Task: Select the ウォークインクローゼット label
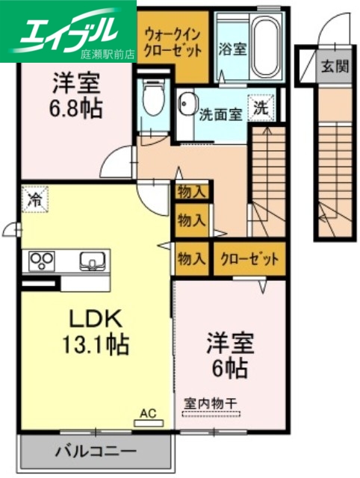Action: [x=173, y=42]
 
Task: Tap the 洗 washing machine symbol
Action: [x=261, y=108]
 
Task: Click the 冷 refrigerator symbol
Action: [x=34, y=199]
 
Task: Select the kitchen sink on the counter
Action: [x=91, y=262]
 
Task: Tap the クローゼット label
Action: [x=249, y=259]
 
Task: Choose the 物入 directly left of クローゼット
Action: [x=192, y=259]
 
